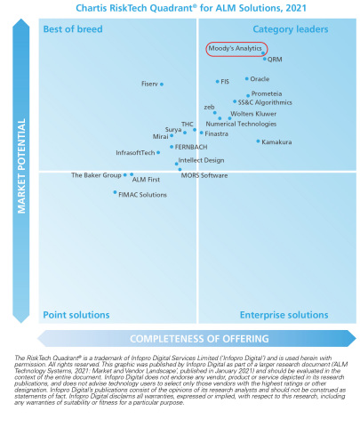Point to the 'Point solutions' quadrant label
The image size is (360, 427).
pos(75,315)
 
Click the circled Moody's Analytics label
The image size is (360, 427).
pos(236,48)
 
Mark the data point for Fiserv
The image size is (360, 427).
pos(161,85)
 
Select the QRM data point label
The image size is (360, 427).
pos(275,59)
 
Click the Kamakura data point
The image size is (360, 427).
pos(259,141)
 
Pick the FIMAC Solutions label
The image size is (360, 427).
pos(142,194)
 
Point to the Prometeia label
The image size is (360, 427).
pos(267,93)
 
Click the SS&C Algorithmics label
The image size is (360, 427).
pos(264,102)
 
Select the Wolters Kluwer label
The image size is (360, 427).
pos(253,114)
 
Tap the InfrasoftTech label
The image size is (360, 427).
pos(135,153)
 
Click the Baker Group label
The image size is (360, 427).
pos(96,175)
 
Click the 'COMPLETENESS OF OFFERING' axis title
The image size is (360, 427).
pos(198,338)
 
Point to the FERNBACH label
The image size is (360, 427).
pos(191,145)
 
